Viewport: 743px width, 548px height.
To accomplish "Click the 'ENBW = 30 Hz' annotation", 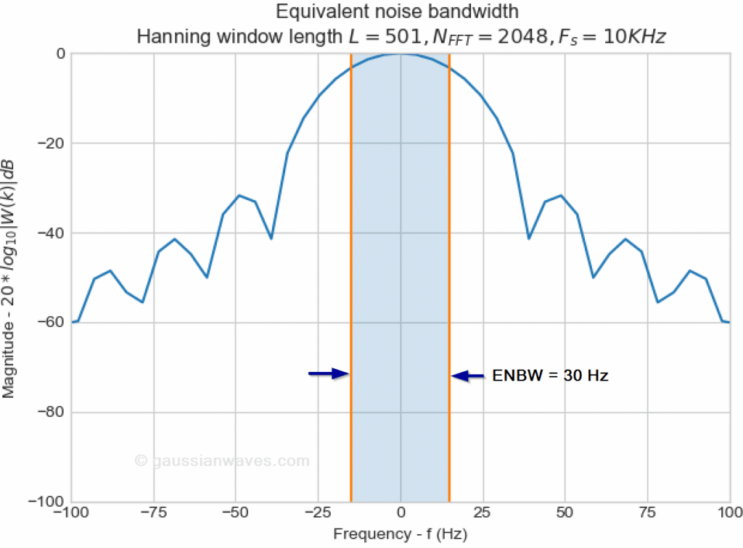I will [x=550, y=376].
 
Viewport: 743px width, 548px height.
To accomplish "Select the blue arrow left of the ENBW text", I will [x=468, y=375].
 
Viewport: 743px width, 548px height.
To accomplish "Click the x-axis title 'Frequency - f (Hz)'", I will [x=401, y=535].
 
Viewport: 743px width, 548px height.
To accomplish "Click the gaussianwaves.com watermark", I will [x=221, y=460].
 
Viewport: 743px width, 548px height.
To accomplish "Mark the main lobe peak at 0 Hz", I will [x=401, y=54].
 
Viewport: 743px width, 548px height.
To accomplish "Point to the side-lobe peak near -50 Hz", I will [x=239, y=196].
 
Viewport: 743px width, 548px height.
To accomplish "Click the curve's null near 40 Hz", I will [x=529, y=238].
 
